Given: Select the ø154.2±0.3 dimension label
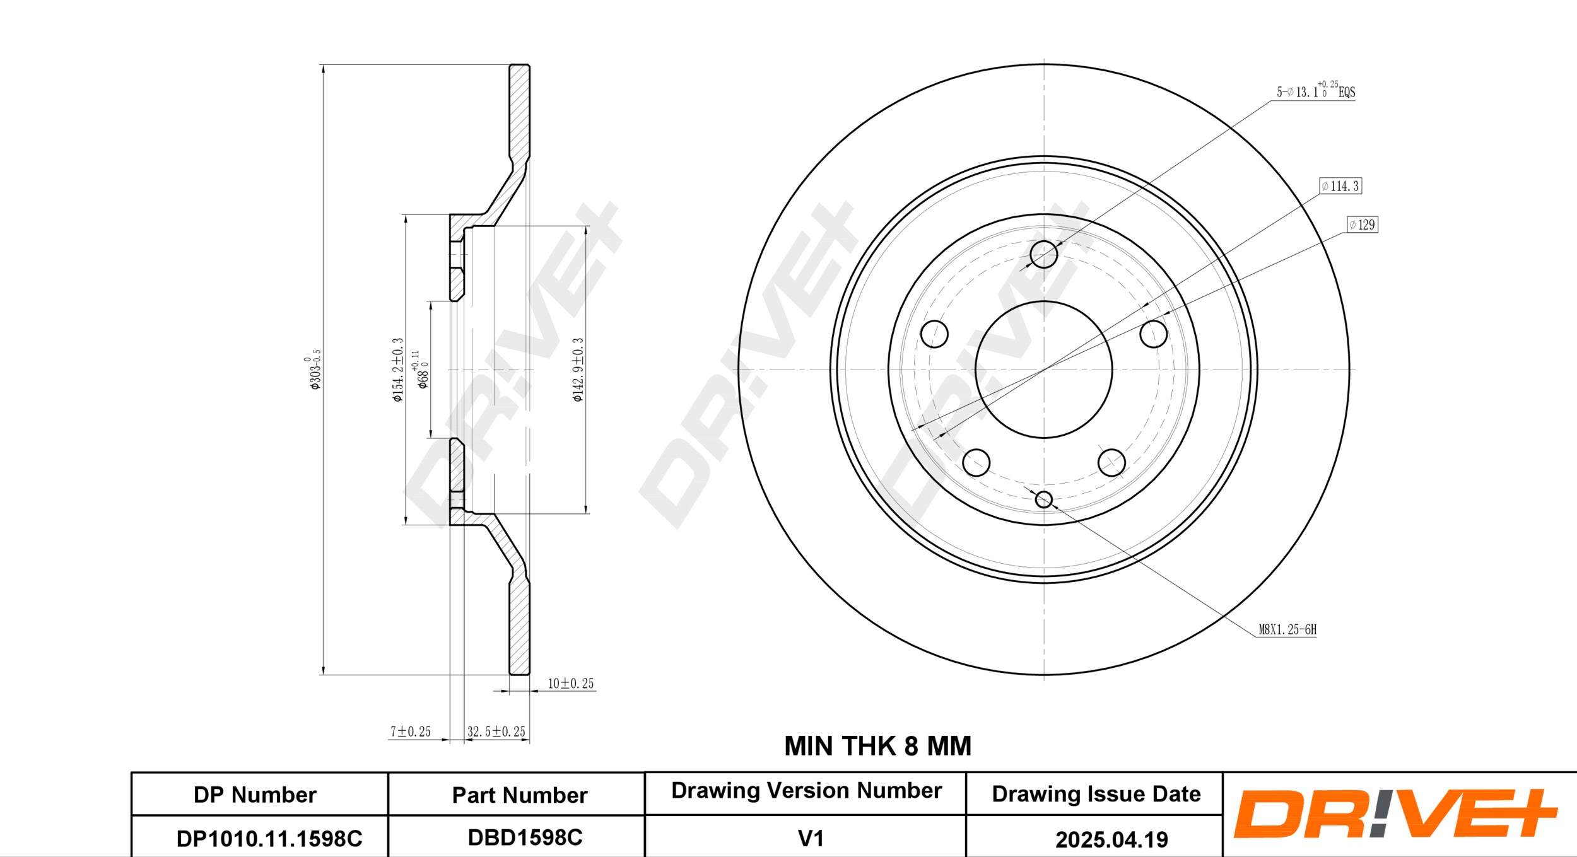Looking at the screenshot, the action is point(397,370).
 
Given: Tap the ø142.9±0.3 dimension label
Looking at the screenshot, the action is point(578,370).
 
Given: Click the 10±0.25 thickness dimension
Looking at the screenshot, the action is point(570,684).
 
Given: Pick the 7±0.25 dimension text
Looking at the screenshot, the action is point(410,732).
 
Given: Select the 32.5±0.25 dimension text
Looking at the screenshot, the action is point(496,732).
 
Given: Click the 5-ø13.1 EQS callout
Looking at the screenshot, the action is point(1316,91).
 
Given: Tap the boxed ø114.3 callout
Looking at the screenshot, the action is point(1340,186).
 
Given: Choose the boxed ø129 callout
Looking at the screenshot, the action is point(1363,224).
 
